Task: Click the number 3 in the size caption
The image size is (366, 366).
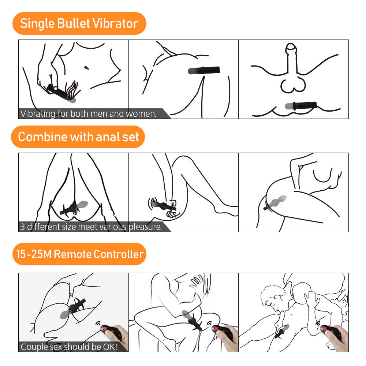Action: coord(23,227)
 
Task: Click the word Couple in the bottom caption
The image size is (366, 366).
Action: coord(33,347)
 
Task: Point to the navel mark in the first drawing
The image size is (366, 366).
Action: coord(86,67)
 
